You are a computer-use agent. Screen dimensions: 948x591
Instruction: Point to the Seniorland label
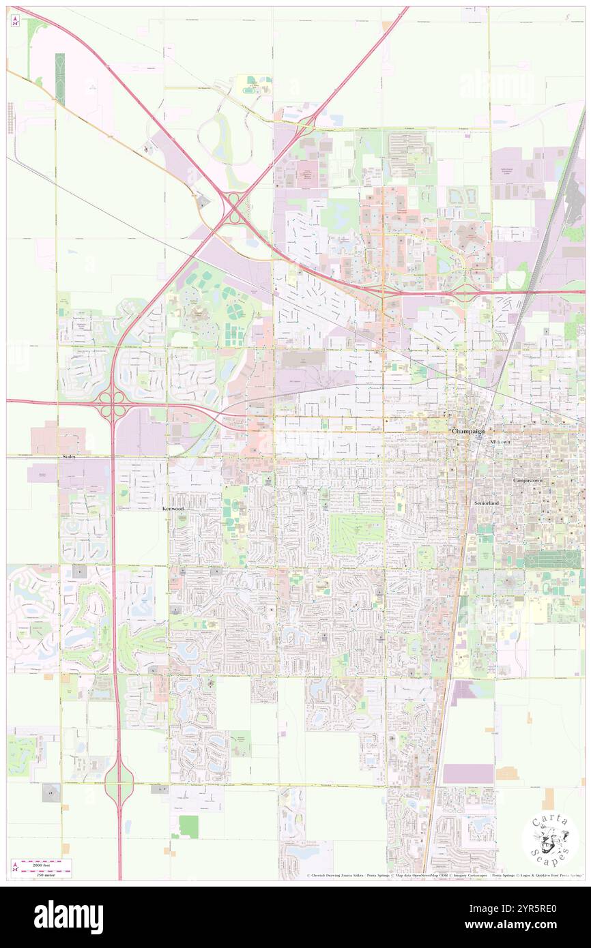[487, 503]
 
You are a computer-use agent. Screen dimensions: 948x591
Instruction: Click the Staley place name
[68, 456]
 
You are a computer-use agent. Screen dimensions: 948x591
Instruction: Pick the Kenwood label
[173, 509]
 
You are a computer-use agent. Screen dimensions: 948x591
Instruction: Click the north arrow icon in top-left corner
[15, 20]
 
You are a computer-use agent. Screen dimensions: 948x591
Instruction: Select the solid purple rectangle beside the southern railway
[468, 773]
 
